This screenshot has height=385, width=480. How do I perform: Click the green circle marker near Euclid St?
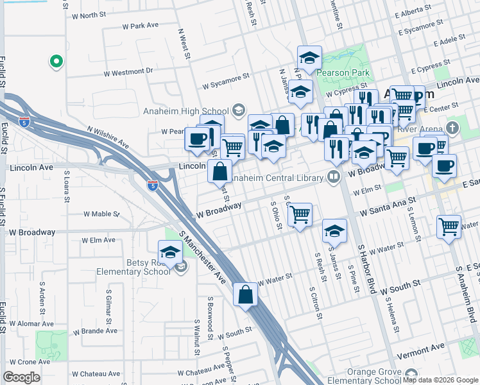[56, 62]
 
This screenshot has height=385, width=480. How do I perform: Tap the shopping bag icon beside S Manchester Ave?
[245, 295]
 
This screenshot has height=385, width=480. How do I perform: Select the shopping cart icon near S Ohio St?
[300, 215]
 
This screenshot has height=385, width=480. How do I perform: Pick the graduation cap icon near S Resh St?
[334, 232]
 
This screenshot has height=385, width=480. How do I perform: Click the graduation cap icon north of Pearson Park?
[309, 58]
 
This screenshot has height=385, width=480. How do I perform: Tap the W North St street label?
[84, 15]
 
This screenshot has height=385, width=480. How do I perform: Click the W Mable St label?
[101, 214]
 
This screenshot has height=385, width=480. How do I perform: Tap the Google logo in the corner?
[21, 377]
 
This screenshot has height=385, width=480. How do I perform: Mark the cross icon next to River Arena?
[454, 126]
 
